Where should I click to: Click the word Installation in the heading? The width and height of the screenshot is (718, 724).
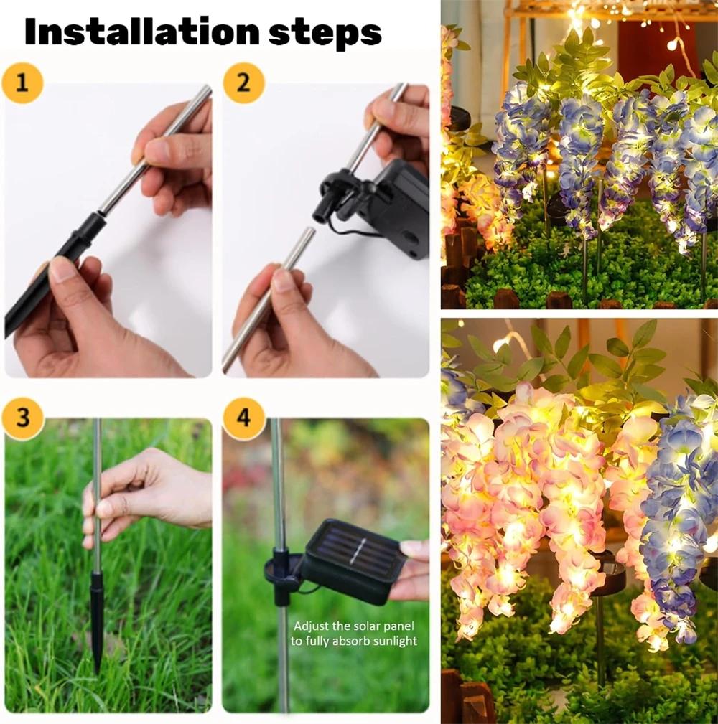pos(140,32)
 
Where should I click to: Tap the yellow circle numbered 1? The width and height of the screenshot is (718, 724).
pos(22,83)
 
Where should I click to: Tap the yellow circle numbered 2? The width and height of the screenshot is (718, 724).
pos(243,83)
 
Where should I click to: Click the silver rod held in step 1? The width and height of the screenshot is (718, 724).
pos(158,151)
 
